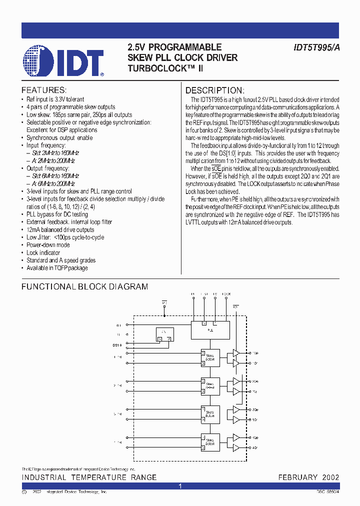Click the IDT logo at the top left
(63, 61)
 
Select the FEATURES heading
(44, 90)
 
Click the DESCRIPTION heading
(215, 90)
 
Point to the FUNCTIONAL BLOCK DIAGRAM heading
(85, 286)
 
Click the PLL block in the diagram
(210, 329)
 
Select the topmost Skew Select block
(210, 357)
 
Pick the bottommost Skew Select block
(210, 441)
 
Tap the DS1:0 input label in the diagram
(117, 345)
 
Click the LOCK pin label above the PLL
(226, 294)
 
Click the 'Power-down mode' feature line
(48, 245)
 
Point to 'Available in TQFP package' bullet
(57, 268)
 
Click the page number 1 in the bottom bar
(180, 486)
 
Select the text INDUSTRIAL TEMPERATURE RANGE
(89, 477)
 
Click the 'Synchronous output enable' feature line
(59, 137)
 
